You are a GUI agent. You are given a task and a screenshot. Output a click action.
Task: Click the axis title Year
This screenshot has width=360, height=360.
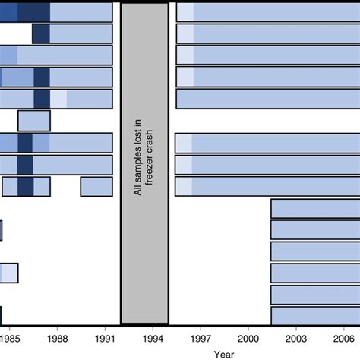point(224,354)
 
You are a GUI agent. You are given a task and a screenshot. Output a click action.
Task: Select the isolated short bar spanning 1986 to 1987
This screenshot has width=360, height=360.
point(34,121)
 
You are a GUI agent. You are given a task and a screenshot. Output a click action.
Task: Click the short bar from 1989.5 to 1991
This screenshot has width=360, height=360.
point(96,187)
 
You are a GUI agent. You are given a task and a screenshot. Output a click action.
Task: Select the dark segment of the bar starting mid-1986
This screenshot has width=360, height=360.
point(42,34)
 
